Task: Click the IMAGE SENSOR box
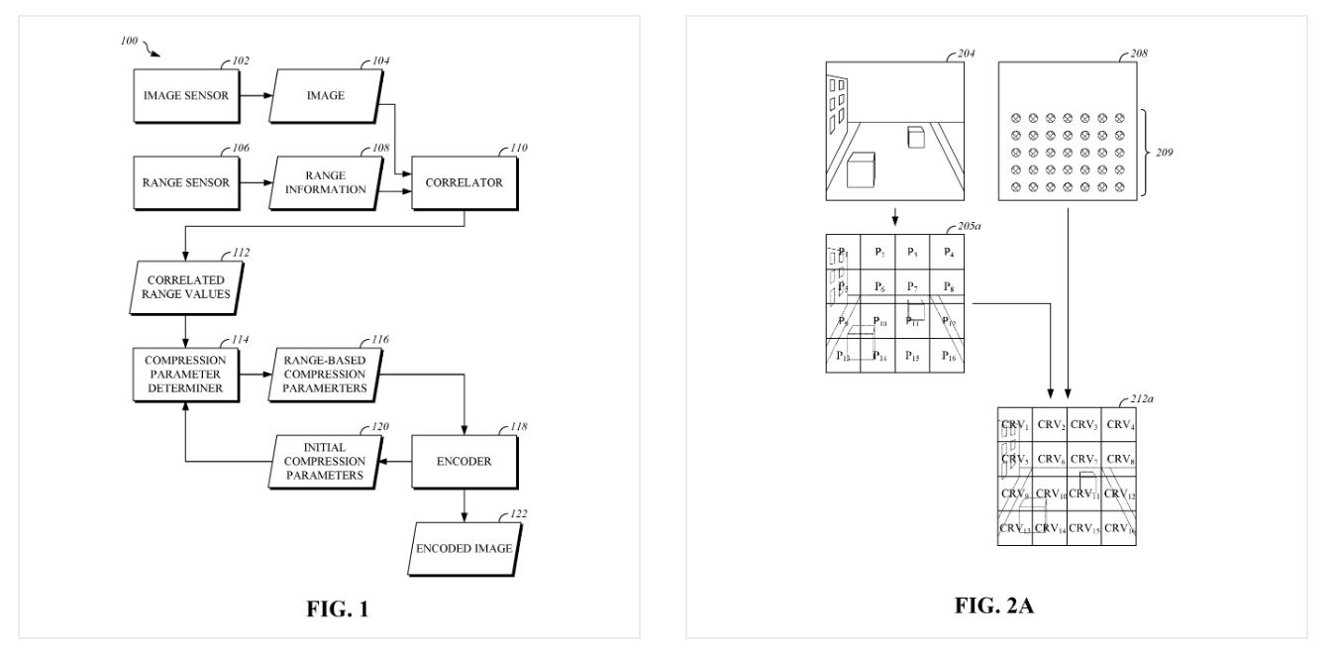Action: point(186,95)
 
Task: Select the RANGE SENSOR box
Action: point(186,182)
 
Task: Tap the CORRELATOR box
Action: point(464,182)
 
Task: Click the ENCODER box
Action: point(464,461)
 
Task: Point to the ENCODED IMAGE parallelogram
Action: point(464,547)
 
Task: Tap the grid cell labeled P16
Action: point(949,355)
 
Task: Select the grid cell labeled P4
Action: point(949,251)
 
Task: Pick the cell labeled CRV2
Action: point(1051,425)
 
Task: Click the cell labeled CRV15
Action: point(1084,528)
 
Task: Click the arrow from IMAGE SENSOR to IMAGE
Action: point(256,95)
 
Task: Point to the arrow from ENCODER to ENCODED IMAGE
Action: point(464,506)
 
